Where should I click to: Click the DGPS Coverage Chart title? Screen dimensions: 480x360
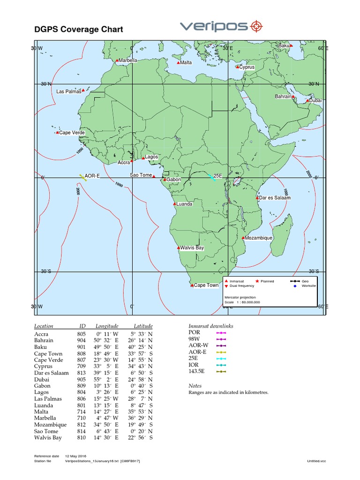(79, 30)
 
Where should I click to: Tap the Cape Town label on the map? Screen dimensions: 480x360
(206, 285)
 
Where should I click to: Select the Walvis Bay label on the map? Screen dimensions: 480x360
(193, 247)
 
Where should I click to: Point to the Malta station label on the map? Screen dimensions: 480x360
(186, 62)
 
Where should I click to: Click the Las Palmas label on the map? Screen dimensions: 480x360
(68, 91)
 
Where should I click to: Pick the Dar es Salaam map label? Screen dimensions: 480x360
(276, 198)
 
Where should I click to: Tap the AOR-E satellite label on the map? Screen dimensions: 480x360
(92, 176)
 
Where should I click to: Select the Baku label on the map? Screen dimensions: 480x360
(284, 45)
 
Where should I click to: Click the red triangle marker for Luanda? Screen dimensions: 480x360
(174, 204)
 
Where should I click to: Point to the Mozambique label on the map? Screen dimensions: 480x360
(259, 238)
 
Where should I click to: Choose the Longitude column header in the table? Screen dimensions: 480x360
(107, 326)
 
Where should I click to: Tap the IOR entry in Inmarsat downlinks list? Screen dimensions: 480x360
(193, 365)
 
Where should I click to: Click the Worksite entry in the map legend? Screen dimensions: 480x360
(309, 285)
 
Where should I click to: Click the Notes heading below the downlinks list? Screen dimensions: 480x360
(195, 386)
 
